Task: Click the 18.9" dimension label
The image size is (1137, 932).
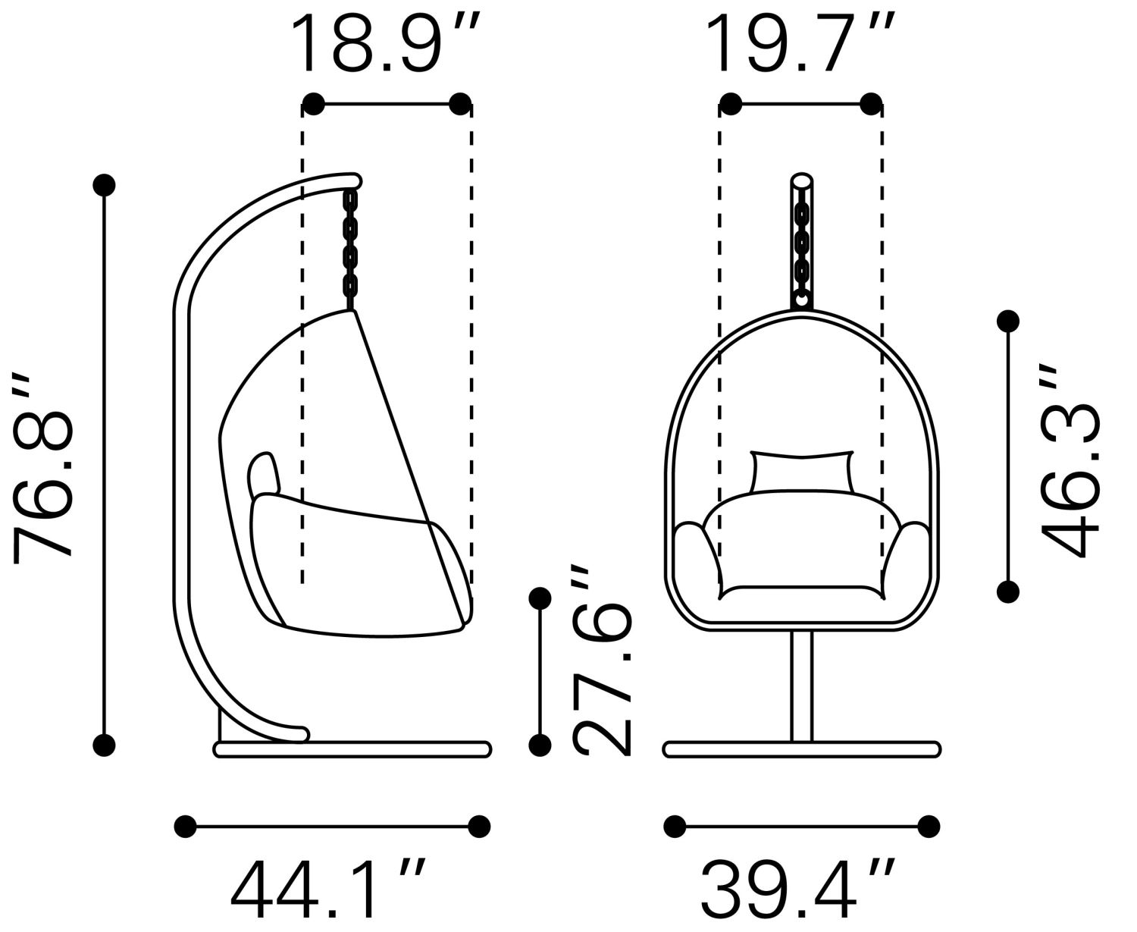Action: click(x=385, y=43)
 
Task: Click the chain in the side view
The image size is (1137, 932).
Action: click(x=350, y=249)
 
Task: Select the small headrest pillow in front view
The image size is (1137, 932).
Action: click(x=802, y=472)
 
